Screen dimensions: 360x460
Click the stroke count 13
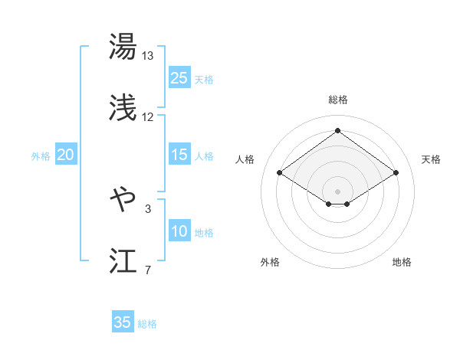tap(148, 56)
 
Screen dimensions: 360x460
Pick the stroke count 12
tap(148, 117)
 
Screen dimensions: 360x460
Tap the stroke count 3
tap(148, 208)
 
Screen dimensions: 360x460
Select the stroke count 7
tap(148, 270)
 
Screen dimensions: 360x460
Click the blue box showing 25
tap(179, 78)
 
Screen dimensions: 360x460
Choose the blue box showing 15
tap(179, 155)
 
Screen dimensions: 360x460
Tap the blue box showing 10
tap(179, 231)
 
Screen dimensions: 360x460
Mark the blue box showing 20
tap(65, 155)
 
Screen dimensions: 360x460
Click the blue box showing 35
tap(123, 322)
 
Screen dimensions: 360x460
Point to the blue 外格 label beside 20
tap(41, 155)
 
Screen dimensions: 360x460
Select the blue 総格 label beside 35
tap(147, 323)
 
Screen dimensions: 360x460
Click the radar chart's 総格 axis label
tap(337, 100)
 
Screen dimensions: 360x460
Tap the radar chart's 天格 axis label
tap(431, 159)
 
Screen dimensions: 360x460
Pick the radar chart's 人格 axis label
tap(245, 159)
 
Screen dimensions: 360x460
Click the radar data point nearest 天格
tap(396, 173)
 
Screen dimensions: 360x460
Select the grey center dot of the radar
tap(337, 191)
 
